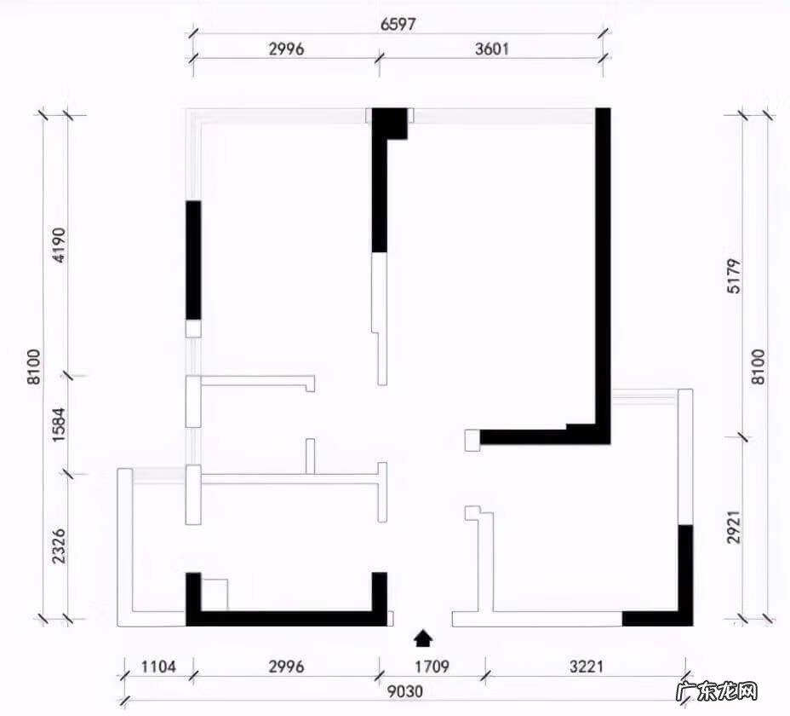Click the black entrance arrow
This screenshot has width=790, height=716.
423,638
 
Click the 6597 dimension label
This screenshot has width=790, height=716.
398,24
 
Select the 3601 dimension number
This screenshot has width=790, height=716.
492,49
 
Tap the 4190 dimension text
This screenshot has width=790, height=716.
59,245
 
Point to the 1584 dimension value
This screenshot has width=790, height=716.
59,424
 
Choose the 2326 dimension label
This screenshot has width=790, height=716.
59,546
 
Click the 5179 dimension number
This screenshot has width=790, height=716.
735,276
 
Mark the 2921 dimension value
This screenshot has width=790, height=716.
735,528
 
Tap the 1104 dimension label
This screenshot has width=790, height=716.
158,667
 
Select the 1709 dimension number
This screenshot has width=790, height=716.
432,667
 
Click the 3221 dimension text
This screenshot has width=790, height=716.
587,667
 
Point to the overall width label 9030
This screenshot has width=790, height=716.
405,690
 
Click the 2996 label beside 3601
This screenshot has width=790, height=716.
286,49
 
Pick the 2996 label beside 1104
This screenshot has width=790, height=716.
286,667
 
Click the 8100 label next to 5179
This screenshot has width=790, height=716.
759,367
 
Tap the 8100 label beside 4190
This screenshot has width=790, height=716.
34,367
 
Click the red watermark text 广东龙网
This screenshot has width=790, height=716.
717,691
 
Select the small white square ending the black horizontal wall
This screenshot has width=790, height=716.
472,440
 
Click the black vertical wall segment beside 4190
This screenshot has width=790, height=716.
193,260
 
